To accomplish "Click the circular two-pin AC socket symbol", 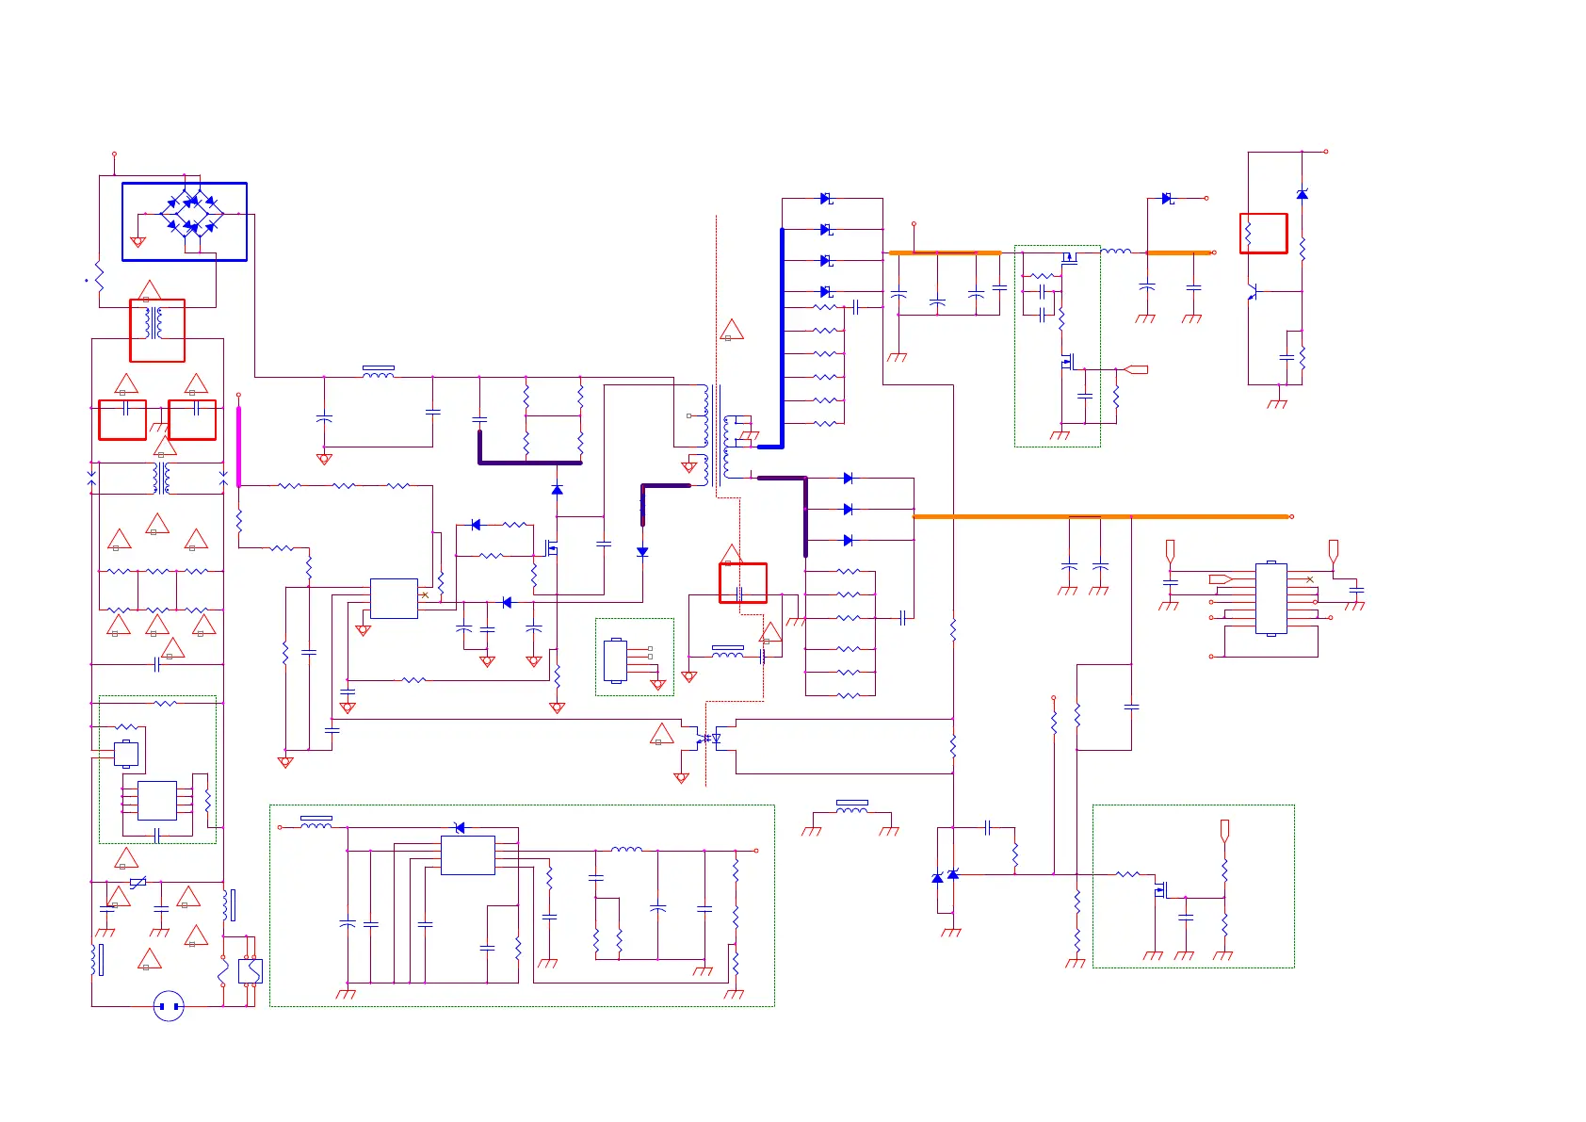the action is [x=169, y=1006].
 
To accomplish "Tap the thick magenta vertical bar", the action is [x=238, y=447].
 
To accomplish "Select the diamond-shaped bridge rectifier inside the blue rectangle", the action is [x=192, y=214].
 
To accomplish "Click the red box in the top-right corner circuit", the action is [x=1263, y=233].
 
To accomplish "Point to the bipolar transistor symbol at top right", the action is [x=1253, y=292].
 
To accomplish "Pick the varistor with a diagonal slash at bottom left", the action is [x=138, y=883].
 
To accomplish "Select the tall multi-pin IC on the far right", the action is [x=1270, y=598].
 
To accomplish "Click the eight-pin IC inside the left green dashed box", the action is [x=157, y=801].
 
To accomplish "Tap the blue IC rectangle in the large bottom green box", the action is [x=468, y=855].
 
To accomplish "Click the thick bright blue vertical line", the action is [x=782, y=336].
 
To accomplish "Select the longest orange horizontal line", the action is [x=1101, y=516].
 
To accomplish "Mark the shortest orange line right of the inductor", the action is [x=1178, y=252].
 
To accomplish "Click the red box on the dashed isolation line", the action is [x=743, y=583].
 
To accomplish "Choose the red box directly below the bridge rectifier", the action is [x=157, y=330].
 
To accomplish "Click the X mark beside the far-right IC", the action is [x=1309, y=579].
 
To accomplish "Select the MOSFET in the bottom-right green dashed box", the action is [x=1160, y=887].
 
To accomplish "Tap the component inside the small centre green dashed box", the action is [x=616, y=659].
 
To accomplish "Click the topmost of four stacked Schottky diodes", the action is [x=826, y=199].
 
